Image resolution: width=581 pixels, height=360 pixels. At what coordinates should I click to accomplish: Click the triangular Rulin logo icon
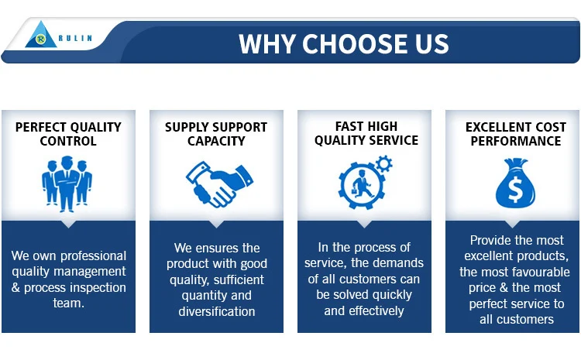point(41,35)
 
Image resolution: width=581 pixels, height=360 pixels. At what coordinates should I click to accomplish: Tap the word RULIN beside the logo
point(75,38)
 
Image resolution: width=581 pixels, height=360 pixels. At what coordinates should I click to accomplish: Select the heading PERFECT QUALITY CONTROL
point(68,134)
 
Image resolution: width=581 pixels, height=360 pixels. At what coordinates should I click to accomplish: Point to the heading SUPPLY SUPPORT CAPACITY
point(216,134)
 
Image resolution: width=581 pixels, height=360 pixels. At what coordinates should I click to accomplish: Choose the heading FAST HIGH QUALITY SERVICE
point(366,133)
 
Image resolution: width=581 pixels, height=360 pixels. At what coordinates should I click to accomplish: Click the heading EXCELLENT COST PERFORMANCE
point(516,134)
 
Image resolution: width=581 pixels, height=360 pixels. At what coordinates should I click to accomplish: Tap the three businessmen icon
point(67,183)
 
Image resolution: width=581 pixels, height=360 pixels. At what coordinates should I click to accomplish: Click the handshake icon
point(219,184)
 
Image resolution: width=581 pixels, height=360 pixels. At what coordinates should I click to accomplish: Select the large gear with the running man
point(361,185)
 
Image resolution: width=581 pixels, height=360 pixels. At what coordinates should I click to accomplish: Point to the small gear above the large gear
point(383,163)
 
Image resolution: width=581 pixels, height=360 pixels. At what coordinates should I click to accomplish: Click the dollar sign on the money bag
point(515,189)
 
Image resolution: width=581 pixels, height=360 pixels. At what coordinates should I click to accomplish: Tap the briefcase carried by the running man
point(355,191)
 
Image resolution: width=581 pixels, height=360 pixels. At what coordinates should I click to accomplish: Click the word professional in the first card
point(94,256)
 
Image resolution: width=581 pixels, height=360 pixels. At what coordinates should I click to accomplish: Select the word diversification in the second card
point(217,311)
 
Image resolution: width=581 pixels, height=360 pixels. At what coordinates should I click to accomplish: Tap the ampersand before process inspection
point(15,287)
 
